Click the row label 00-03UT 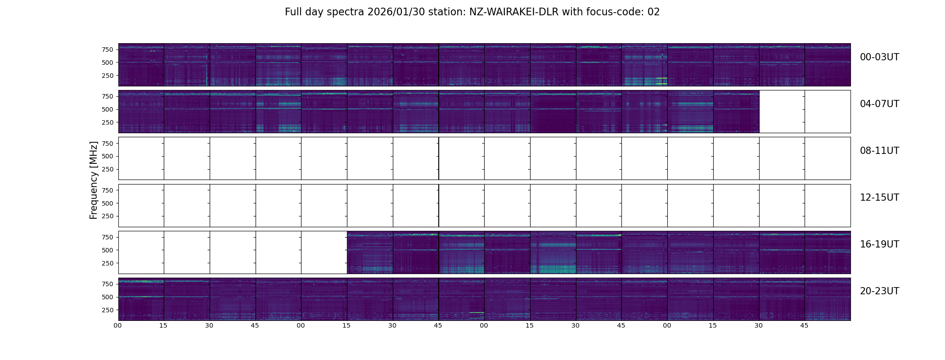coord(879,57)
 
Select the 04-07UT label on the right coord(879,104)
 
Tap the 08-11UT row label coord(879,151)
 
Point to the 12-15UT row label coord(879,198)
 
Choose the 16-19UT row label coord(879,244)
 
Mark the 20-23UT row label coord(879,291)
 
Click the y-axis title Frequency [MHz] coord(94,180)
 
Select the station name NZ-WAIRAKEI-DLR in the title coord(514,12)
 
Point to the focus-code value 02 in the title coord(653,12)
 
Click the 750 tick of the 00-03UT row coord(107,49)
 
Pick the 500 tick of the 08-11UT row coord(107,157)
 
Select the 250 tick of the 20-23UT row coord(107,310)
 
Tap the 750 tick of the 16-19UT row coord(107,237)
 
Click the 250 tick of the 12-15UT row coord(107,216)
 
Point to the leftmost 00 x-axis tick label coord(118,326)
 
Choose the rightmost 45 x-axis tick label coord(804,326)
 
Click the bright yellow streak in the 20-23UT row coord(477,312)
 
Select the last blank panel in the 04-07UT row coord(828,112)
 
